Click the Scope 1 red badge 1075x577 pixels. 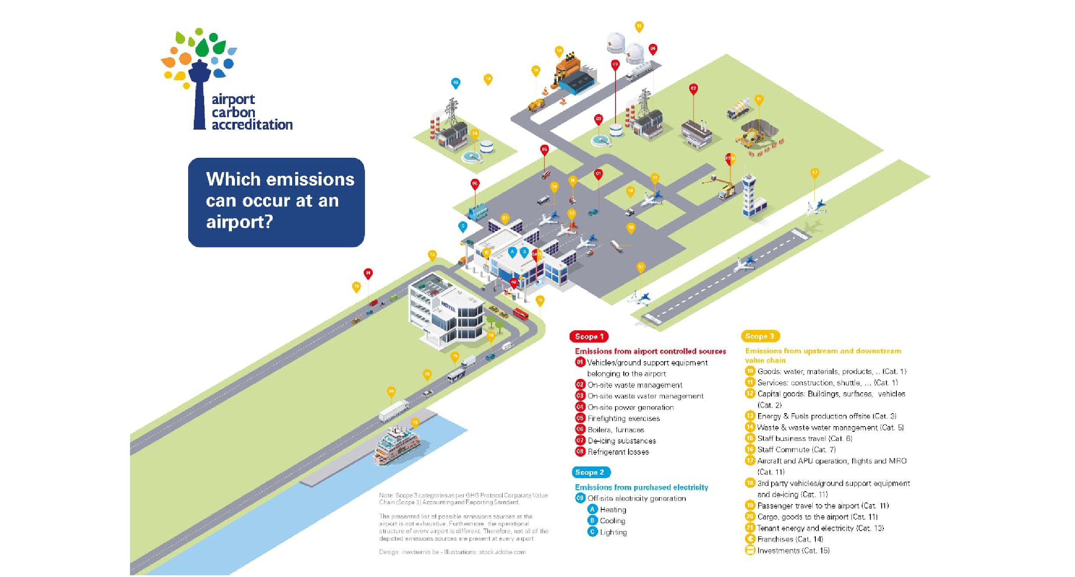tap(589, 336)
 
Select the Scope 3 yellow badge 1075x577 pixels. tap(760, 336)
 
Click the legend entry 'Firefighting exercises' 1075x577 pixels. tap(623, 418)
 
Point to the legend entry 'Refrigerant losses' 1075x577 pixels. tap(618, 452)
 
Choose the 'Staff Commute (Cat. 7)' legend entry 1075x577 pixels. tap(796, 450)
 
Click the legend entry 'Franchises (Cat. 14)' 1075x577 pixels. tap(790, 539)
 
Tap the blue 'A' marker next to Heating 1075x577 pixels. tap(593, 509)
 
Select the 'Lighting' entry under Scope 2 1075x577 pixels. tap(613, 532)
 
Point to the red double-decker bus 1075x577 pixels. tap(521, 313)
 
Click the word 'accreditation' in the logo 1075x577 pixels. tap(252, 125)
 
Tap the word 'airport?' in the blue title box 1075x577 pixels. tap(239, 222)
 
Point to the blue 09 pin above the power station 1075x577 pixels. tap(455, 82)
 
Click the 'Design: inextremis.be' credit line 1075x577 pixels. tap(452, 552)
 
